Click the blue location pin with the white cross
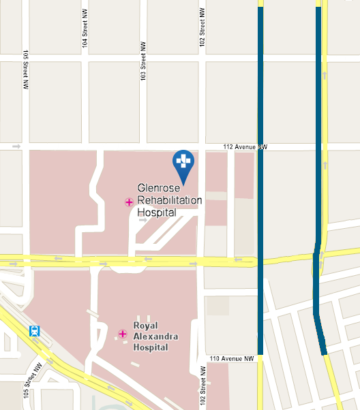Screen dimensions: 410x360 (x=183, y=161)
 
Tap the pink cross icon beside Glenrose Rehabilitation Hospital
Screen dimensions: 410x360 (x=129, y=202)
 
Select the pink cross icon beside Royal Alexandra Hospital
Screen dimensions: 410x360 (x=123, y=333)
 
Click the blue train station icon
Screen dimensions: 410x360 (x=34, y=332)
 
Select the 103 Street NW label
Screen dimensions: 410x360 (x=143, y=67)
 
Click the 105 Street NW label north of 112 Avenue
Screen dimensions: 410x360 (x=25, y=70)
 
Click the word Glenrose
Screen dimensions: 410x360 (x=158, y=187)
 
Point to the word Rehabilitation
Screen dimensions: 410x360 (x=170, y=200)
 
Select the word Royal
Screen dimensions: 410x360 (x=146, y=324)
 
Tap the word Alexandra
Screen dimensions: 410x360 (x=151, y=336)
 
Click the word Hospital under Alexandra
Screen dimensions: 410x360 (x=151, y=347)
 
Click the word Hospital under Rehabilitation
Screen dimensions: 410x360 (x=157, y=212)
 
